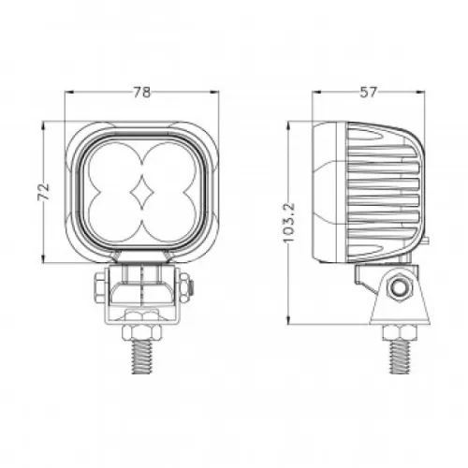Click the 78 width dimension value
[142, 93]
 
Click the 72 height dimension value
[44, 192]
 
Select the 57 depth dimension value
[369, 93]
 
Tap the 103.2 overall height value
[289, 223]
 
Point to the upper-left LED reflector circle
[113, 166]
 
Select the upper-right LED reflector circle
[170, 166]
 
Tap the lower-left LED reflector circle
[113, 217]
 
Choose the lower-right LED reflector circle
[170, 217]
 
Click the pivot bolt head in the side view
[399, 288]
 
